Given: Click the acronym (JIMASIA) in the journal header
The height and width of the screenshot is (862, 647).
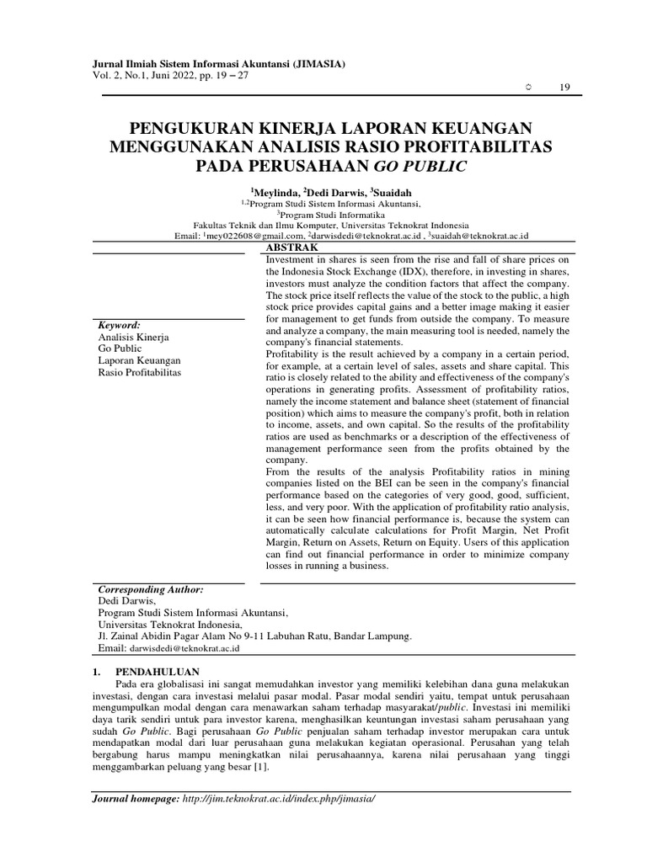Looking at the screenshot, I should click(315, 64).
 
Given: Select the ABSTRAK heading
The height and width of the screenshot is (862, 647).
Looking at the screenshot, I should click(291, 248).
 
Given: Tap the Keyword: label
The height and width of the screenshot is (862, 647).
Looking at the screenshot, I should click(120, 325).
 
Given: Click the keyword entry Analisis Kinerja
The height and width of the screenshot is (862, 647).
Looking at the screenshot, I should click(134, 337).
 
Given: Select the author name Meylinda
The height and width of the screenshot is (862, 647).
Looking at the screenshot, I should click(275, 192).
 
